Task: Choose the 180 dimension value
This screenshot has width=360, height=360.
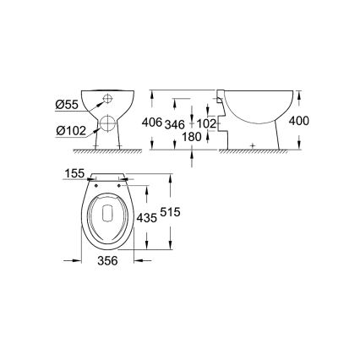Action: [194, 137]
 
